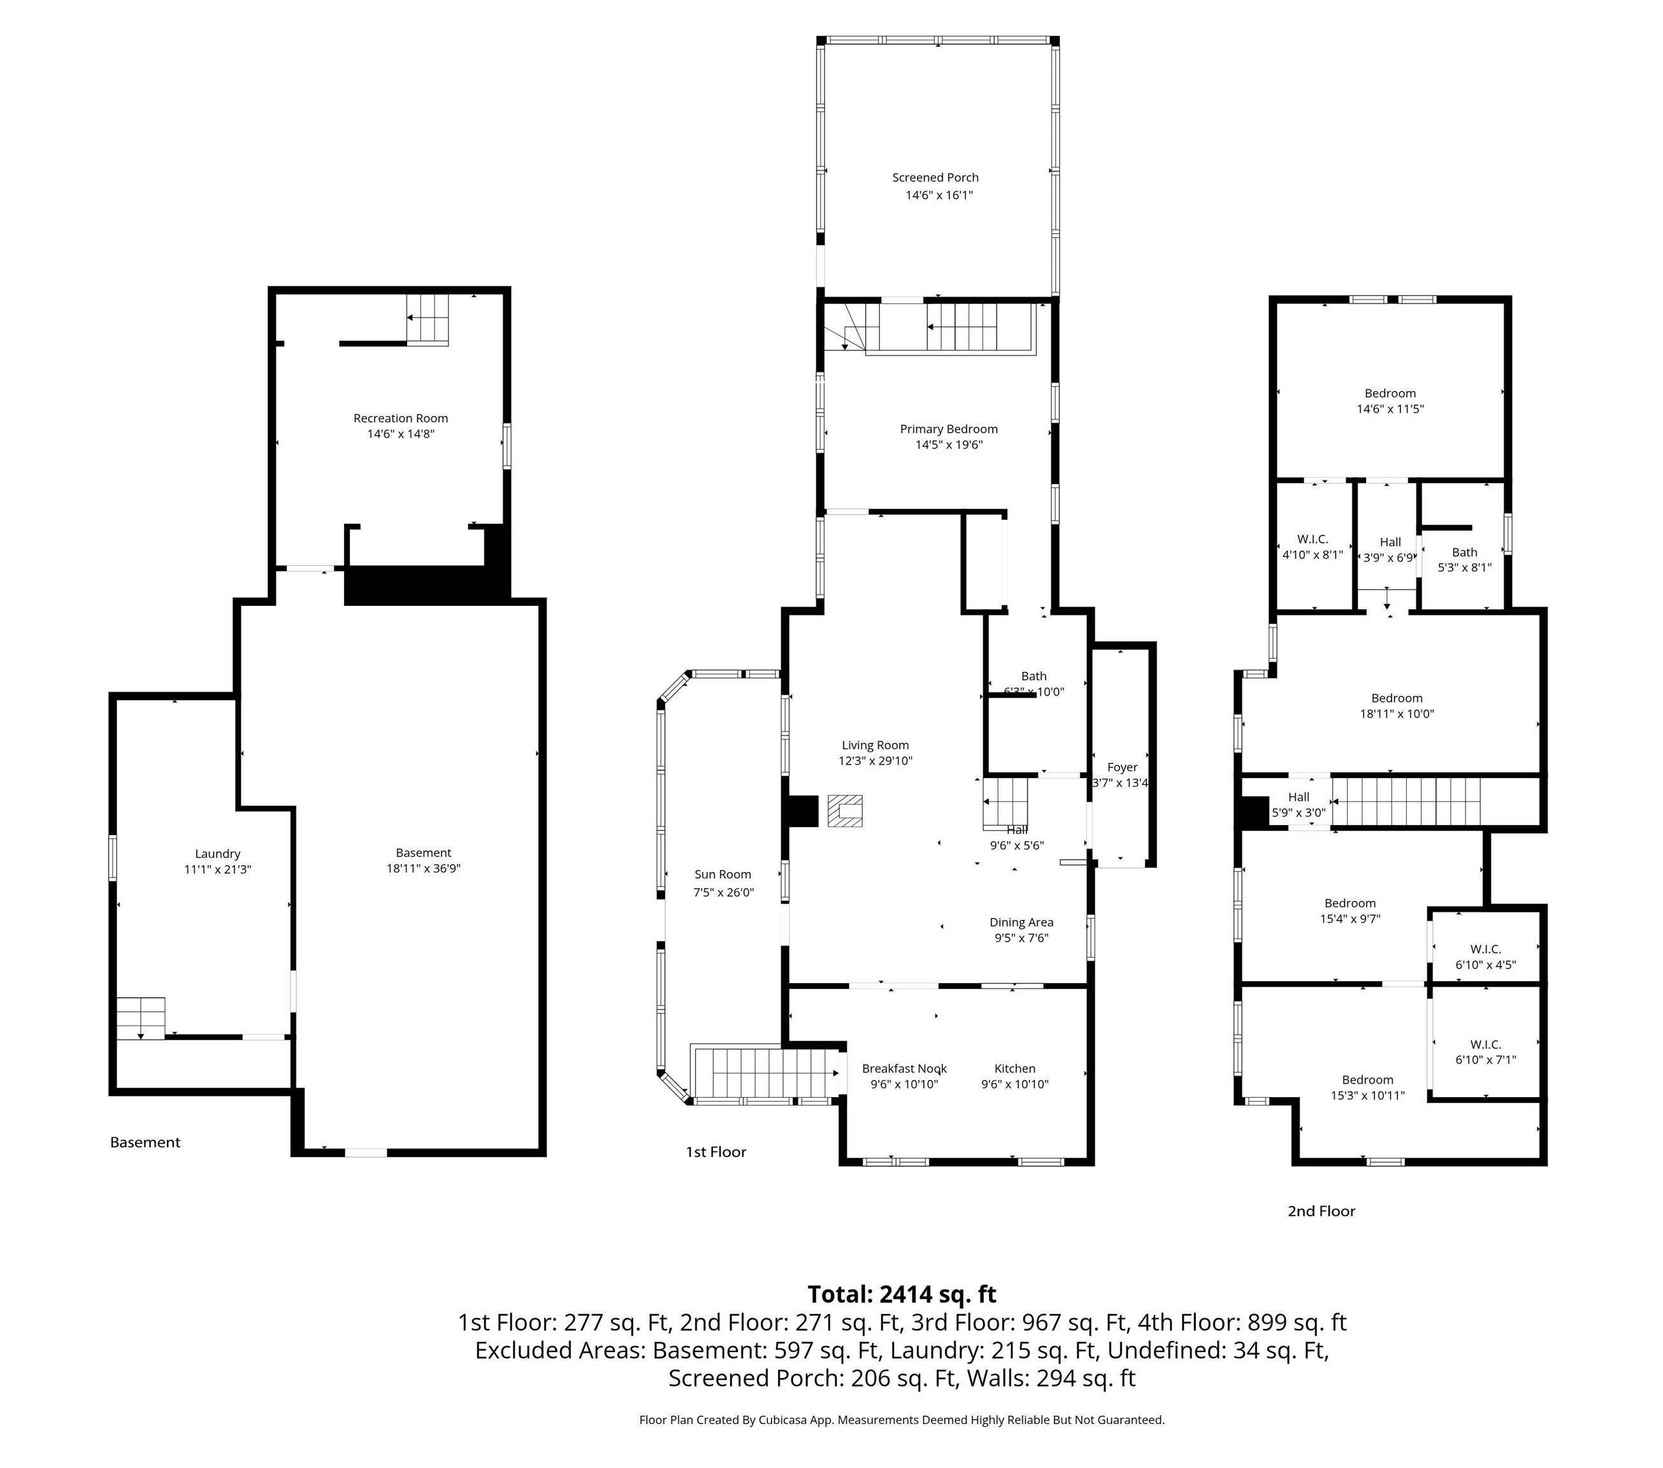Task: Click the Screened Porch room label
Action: click(935, 177)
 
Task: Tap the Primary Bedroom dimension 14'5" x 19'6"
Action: click(949, 445)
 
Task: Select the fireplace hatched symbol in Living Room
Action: click(844, 810)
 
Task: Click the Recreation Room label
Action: click(400, 418)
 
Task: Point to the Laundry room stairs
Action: click(141, 1018)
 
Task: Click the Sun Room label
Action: click(723, 875)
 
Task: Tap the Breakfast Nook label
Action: click(904, 1069)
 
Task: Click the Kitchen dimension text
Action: click(1014, 1084)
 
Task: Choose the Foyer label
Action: click(1122, 767)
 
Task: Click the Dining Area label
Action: click(1021, 922)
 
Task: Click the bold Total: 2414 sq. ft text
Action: click(902, 1294)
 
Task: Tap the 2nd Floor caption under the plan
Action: click(1320, 1211)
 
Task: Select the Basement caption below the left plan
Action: click(145, 1142)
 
